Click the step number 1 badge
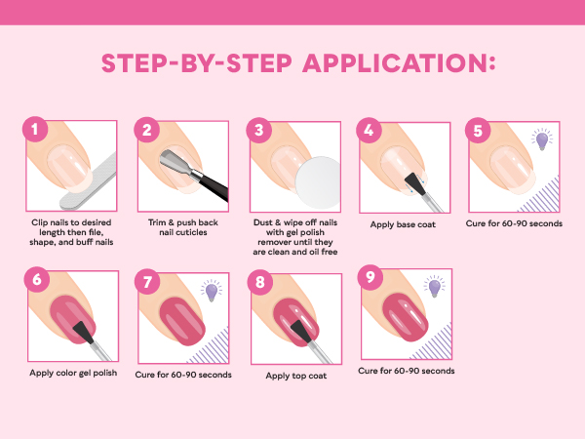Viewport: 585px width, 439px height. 35,130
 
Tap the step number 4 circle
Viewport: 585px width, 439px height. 368,130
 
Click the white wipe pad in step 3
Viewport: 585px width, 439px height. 315,180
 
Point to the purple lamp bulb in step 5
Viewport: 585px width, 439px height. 541,141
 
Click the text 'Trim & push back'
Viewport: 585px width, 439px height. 184,222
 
